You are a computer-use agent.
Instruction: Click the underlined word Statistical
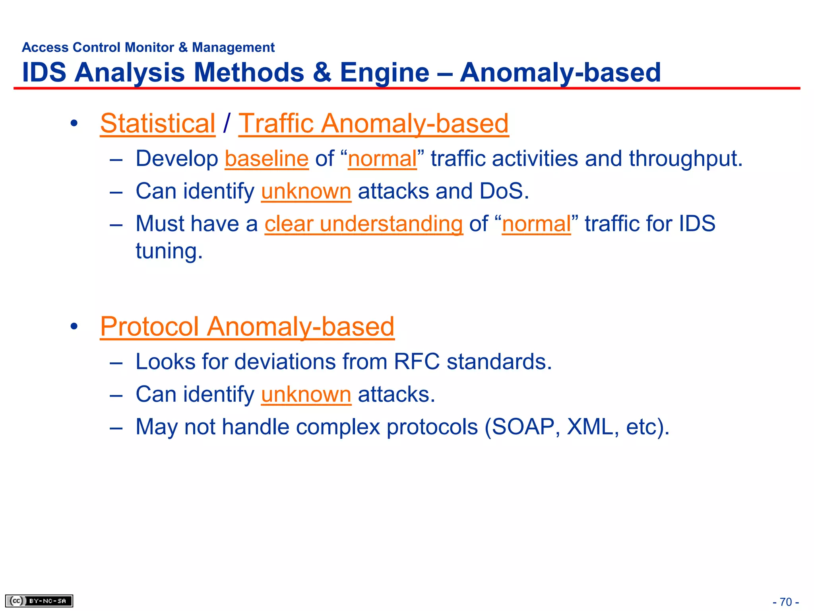(x=157, y=123)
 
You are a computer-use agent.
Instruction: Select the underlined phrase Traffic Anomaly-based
(x=373, y=123)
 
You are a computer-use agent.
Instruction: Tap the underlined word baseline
(x=266, y=159)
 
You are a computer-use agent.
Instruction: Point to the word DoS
(x=504, y=191)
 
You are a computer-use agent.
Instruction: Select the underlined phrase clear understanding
(x=364, y=224)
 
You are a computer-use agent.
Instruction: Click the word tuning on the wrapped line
(x=169, y=251)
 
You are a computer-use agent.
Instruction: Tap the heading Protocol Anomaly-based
(x=247, y=327)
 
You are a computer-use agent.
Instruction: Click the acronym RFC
(x=417, y=362)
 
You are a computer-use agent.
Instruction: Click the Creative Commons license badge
(x=39, y=601)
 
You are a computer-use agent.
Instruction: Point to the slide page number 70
(x=786, y=602)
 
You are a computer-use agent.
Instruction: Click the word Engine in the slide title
(x=384, y=73)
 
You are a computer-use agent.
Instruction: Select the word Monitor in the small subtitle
(x=149, y=47)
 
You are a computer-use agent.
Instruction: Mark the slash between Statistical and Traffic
(x=227, y=123)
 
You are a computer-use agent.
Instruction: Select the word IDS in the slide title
(x=44, y=73)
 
